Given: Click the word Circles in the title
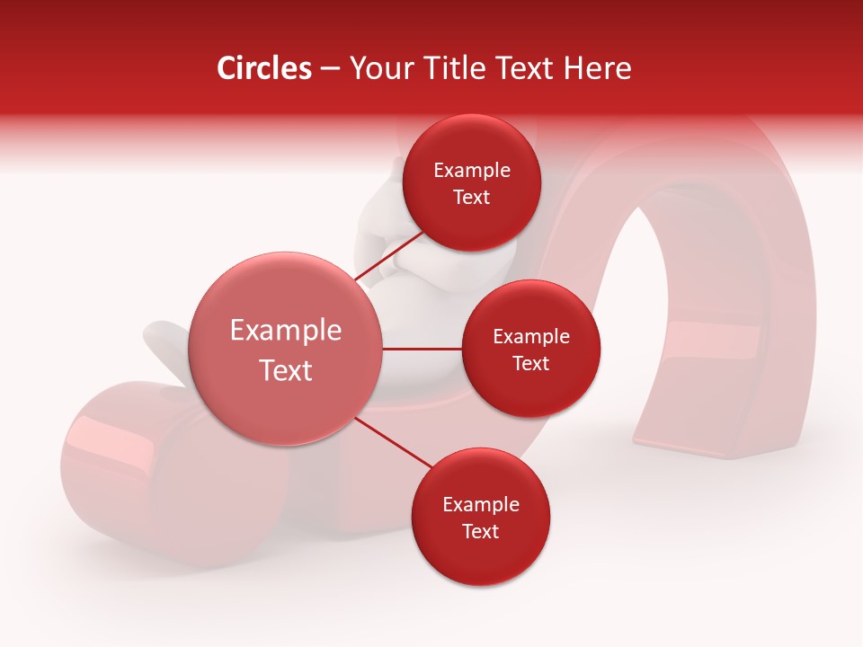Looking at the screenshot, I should click(x=263, y=68).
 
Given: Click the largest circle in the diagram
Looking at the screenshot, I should click(x=286, y=349).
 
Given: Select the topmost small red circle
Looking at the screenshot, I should click(x=471, y=183).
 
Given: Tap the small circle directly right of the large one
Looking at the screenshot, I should click(x=530, y=349).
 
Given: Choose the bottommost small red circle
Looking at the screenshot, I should click(x=480, y=517).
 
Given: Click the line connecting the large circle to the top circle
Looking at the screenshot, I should click(x=388, y=261).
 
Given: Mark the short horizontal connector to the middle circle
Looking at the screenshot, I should click(x=423, y=349).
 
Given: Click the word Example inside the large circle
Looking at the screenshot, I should click(x=286, y=330).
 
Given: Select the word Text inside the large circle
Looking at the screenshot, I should click(x=286, y=369).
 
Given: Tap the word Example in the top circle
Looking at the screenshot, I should click(x=471, y=170).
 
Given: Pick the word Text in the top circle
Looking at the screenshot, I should click(x=471, y=197).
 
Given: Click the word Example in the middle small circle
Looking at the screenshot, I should click(x=530, y=336).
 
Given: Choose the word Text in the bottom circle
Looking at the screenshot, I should click(x=480, y=531).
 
